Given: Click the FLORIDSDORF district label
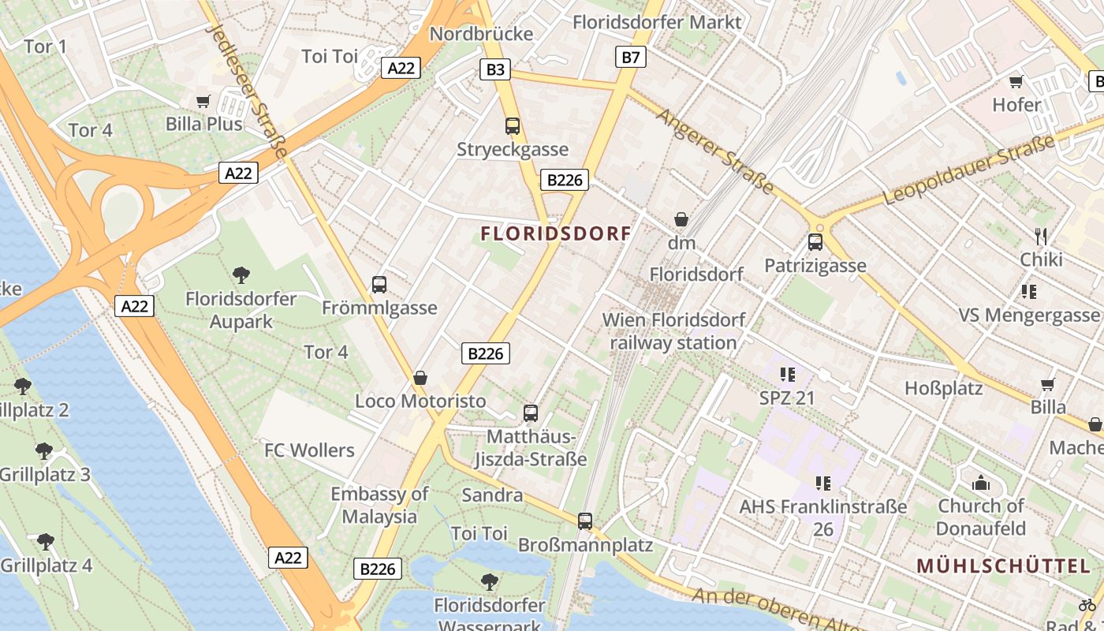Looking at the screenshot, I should (x=556, y=233).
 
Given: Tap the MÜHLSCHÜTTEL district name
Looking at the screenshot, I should (x=1004, y=566).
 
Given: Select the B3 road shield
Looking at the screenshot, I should (x=494, y=70).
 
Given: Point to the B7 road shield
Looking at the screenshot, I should (x=631, y=57).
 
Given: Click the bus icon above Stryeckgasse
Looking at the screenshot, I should (x=513, y=125).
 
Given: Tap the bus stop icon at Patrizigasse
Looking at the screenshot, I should (x=815, y=242).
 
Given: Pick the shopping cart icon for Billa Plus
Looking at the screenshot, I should (x=203, y=101).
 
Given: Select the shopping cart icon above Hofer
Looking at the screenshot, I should (x=1016, y=81).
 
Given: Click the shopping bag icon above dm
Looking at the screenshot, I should (x=681, y=219).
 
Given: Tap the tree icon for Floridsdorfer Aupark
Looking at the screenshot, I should (x=241, y=275).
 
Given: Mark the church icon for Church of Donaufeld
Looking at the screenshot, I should (x=981, y=483).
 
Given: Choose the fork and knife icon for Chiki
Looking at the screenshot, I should (x=1041, y=236).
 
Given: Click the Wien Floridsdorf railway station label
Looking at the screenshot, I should (x=673, y=331).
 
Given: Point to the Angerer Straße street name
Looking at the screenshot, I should (x=715, y=151).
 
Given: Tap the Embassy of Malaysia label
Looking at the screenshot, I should (x=379, y=506).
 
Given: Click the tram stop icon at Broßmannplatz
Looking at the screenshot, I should (x=585, y=521).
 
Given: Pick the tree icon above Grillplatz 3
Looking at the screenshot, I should (x=44, y=451).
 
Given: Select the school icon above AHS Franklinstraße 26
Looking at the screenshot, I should (x=823, y=483).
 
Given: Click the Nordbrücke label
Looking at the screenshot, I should (x=481, y=34).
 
